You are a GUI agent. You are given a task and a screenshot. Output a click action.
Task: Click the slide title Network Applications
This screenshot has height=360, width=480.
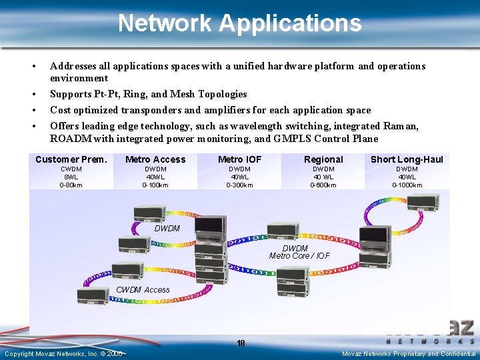[239, 23]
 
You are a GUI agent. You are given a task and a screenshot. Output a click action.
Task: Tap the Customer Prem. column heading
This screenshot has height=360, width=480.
[71, 159]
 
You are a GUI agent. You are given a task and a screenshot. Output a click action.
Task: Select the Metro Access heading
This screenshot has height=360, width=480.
[155, 159]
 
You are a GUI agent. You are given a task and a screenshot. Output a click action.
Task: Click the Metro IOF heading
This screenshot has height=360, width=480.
[239, 159]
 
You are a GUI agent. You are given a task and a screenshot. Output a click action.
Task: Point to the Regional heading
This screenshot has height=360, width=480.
[323, 159]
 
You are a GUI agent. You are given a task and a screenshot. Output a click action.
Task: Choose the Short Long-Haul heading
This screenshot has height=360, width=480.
[407, 159]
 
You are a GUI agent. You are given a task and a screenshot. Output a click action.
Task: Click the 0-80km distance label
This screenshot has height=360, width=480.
[71, 185]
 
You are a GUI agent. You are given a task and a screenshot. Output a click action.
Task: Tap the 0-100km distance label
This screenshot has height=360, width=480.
[155, 185]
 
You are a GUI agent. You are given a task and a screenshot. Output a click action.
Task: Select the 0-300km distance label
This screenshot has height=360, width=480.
[239, 185]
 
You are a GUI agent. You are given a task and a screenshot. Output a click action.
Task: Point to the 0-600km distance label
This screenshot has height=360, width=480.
[323, 185]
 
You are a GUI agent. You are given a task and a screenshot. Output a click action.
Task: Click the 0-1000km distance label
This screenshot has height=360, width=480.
[407, 185]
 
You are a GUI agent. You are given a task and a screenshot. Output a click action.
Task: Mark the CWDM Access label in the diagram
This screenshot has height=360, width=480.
[143, 290]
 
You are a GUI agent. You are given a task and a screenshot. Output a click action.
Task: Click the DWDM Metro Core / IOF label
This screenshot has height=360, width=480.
[299, 252]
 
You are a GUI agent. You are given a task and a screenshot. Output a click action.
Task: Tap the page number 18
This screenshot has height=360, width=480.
[241, 343]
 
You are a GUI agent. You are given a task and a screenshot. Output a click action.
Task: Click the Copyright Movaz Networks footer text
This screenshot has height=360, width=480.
[63, 353]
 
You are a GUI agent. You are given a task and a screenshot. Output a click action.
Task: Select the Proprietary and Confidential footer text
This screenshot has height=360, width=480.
[409, 353]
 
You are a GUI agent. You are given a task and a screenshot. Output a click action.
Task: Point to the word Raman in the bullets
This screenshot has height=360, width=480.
[401, 126]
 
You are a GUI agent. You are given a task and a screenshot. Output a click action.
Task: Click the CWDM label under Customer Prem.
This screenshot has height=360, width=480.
[71, 169]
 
